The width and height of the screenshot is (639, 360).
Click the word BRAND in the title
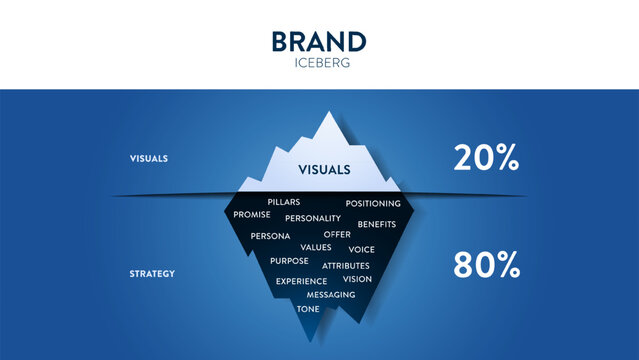tap(319, 42)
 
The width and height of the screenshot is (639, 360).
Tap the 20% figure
tap(486, 157)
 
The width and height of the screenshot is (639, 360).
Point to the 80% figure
tap(486, 265)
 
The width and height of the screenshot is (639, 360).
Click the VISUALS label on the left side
tap(148, 158)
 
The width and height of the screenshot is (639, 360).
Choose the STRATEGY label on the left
tap(152, 273)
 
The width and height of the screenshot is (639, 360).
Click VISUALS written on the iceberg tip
tap(324, 170)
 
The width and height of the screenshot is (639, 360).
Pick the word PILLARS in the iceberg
tap(284, 203)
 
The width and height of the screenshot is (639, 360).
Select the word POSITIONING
tap(373, 204)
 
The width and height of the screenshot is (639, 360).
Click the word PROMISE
tap(251, 215)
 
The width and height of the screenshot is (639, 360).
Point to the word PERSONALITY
tap(313, 218)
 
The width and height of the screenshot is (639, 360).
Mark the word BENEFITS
tap(377, 224)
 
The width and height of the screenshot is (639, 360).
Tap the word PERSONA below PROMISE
tap(270, 236)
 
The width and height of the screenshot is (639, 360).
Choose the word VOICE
tap(361, 249)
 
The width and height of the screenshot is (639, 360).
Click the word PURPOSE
tap(289, 261)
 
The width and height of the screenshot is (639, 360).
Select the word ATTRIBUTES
tap(346, 266)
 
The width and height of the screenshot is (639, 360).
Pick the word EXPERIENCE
tap(301, 281)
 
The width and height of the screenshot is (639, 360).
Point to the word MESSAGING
tap(331, 295)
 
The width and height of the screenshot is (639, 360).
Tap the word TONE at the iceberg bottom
tap(308, 309)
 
